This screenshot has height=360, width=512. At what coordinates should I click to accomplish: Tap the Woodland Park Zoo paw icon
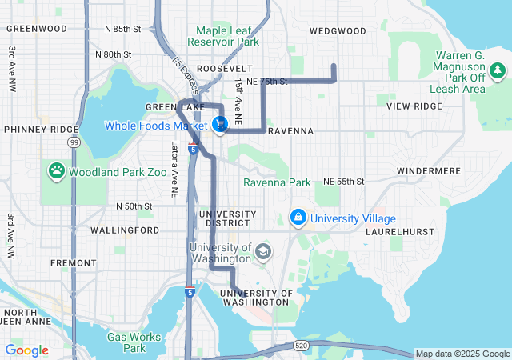[57, 170]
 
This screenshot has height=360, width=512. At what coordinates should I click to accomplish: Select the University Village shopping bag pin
[298, 218]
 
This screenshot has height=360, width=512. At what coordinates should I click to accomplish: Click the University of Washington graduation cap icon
[262, 253]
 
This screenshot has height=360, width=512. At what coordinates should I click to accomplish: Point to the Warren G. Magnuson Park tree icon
[498, 71]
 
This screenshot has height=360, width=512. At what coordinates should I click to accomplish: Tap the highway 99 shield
[74, 142]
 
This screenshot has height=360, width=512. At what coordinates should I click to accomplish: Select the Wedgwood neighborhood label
[337, 31]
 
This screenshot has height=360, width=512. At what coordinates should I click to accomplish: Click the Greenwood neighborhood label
[36, 29]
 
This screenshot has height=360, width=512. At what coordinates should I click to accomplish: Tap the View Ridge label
[414, 106]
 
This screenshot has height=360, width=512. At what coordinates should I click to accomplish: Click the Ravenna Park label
[277, 182]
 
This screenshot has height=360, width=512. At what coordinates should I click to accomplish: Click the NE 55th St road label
[343, 182]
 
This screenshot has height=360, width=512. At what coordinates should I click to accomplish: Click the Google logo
[26, 350]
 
